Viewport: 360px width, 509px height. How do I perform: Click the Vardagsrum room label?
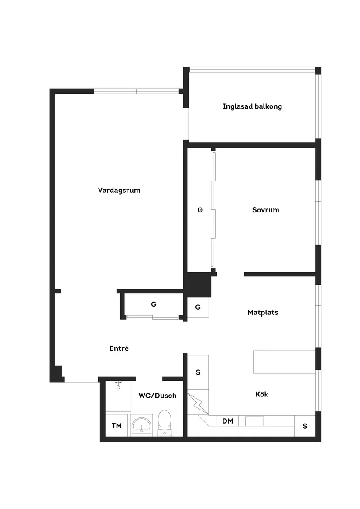click(x=119, y=190)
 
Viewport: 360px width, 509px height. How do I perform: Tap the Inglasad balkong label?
click(x=252, y=106)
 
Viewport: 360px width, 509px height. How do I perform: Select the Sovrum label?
click(x=265, y=210)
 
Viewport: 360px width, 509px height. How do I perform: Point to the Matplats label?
click(x=263, y=313)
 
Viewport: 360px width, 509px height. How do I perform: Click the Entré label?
click(x=119, y=348)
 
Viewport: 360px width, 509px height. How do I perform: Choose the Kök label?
click(x=261, y=394)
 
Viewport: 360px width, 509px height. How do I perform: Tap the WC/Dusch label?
click(x=158, y=396)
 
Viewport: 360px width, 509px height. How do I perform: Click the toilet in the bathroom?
click(x=165, y=423)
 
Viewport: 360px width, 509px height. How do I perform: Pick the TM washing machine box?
click(x=117, y=425)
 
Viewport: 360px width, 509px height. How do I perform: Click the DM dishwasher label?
click(x=227, y=421)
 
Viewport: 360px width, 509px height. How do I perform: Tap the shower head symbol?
click(x=118, y=385)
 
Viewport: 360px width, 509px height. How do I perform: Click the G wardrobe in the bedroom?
click(x=200, y=210)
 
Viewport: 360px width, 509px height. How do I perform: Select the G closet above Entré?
click(x=154, y=304)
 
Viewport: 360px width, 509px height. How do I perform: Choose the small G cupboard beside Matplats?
click(x=198, y=307)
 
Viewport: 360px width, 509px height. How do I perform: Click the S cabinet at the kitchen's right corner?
click(x=305, y=426)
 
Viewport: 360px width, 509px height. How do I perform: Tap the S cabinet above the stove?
click(x=198, y=372)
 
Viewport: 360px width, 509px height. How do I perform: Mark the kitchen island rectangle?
click(x=285, y=362)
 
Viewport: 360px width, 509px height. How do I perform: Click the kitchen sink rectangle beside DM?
click(x=254, y=421)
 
